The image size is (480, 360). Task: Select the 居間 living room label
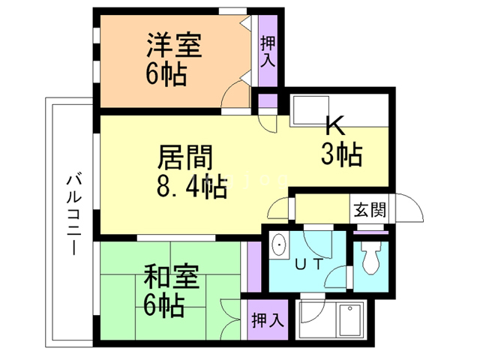pos(186,157)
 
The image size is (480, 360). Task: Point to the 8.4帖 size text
pos(190,185)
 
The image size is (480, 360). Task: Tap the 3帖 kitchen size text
pos(342,154)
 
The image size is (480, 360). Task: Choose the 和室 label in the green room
pos(172,278)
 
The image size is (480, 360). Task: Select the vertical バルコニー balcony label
pos(73,214)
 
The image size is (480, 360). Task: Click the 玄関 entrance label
pos(369,209)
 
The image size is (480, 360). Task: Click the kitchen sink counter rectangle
pos(306,112)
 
